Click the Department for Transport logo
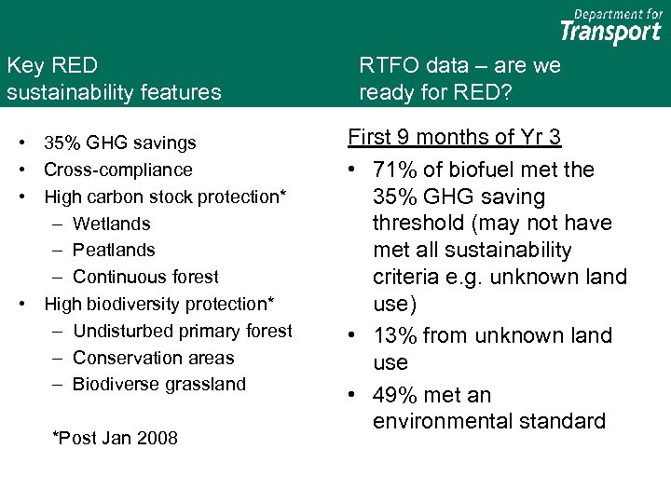point(610,26)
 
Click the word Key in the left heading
point(25,65)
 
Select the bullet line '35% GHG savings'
point(120,143)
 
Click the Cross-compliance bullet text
point(118,170)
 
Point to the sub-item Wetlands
point(111,224)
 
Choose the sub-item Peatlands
point(114,250)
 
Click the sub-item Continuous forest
point(145,277)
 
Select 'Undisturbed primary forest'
point(182,331)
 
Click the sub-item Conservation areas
point(153,358)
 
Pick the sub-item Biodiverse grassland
point(159,384)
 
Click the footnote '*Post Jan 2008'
point(116,438)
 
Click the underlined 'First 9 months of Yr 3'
point(454,138)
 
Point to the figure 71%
point(392,170)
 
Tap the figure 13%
point(392,335)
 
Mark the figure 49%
point(392,395)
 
